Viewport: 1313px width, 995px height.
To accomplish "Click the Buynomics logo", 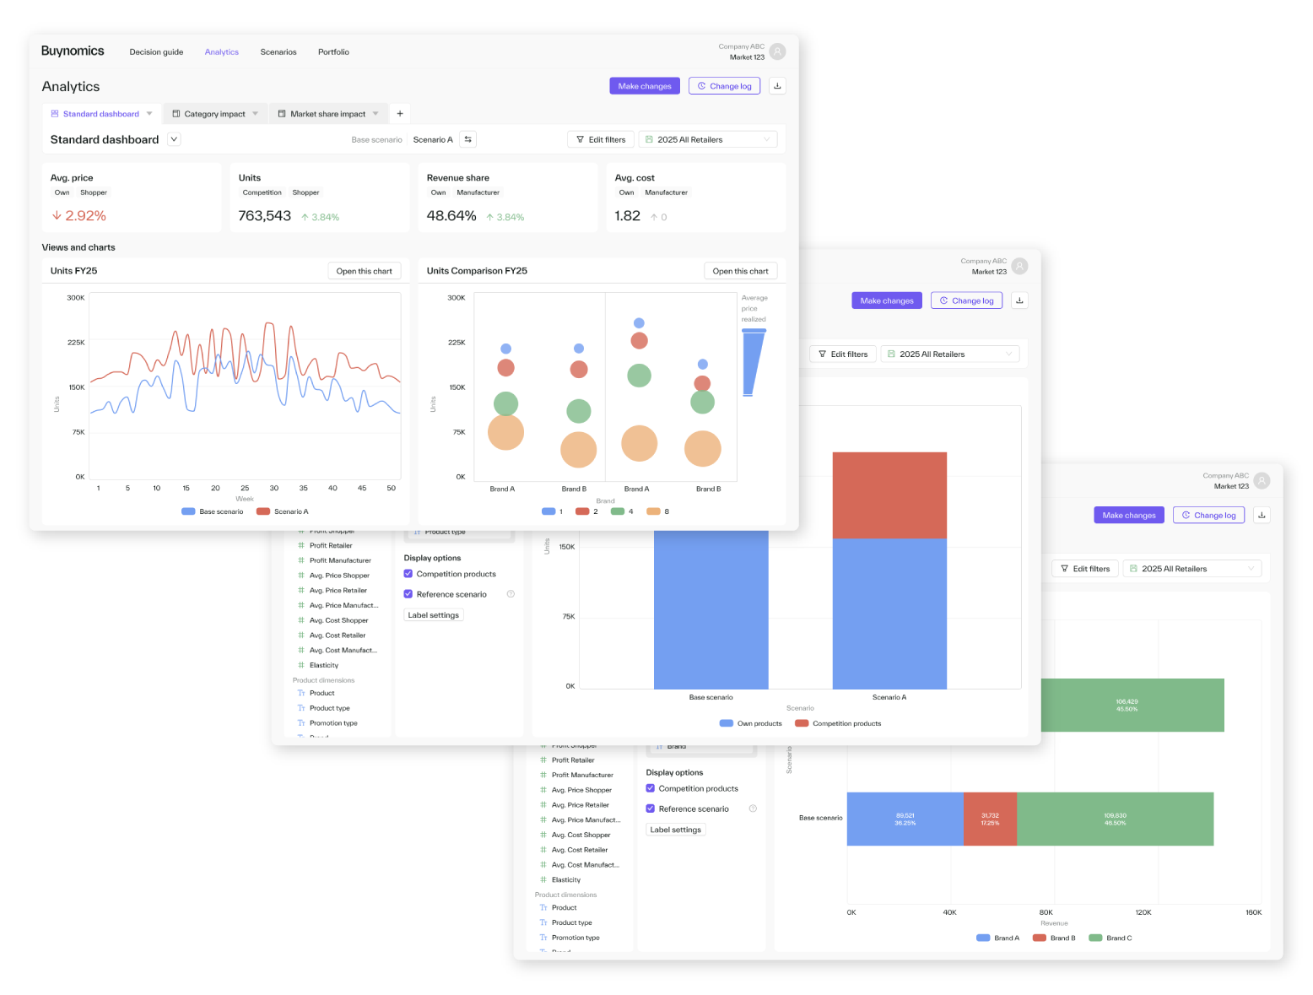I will click(73, 51).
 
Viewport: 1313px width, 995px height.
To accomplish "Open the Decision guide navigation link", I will click(156, 52).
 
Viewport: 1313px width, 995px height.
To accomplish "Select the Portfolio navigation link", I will click(333, 52).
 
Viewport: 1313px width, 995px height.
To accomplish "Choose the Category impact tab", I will click(214, 114).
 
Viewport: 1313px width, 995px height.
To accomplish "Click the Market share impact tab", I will click(327, 114).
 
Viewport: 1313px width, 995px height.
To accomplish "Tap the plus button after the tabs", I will click(400, 114).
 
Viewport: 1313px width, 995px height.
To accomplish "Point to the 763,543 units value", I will click(264, 216).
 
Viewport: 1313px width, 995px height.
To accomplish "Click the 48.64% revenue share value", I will click(451, 216).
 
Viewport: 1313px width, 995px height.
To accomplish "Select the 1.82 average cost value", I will click(627, 216).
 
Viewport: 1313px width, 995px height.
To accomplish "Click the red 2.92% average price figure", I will click(85, 216).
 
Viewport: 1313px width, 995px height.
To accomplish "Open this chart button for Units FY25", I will click(364, 271).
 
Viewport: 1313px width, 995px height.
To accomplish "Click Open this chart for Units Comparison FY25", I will click(740, 271).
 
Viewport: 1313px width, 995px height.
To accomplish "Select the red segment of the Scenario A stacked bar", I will click(889, 495).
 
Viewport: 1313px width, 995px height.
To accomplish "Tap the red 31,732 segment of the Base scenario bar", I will click(990, 819).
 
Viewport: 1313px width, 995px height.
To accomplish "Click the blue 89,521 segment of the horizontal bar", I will click(905, 819).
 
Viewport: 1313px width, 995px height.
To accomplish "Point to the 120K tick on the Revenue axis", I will click(1143, 912).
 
